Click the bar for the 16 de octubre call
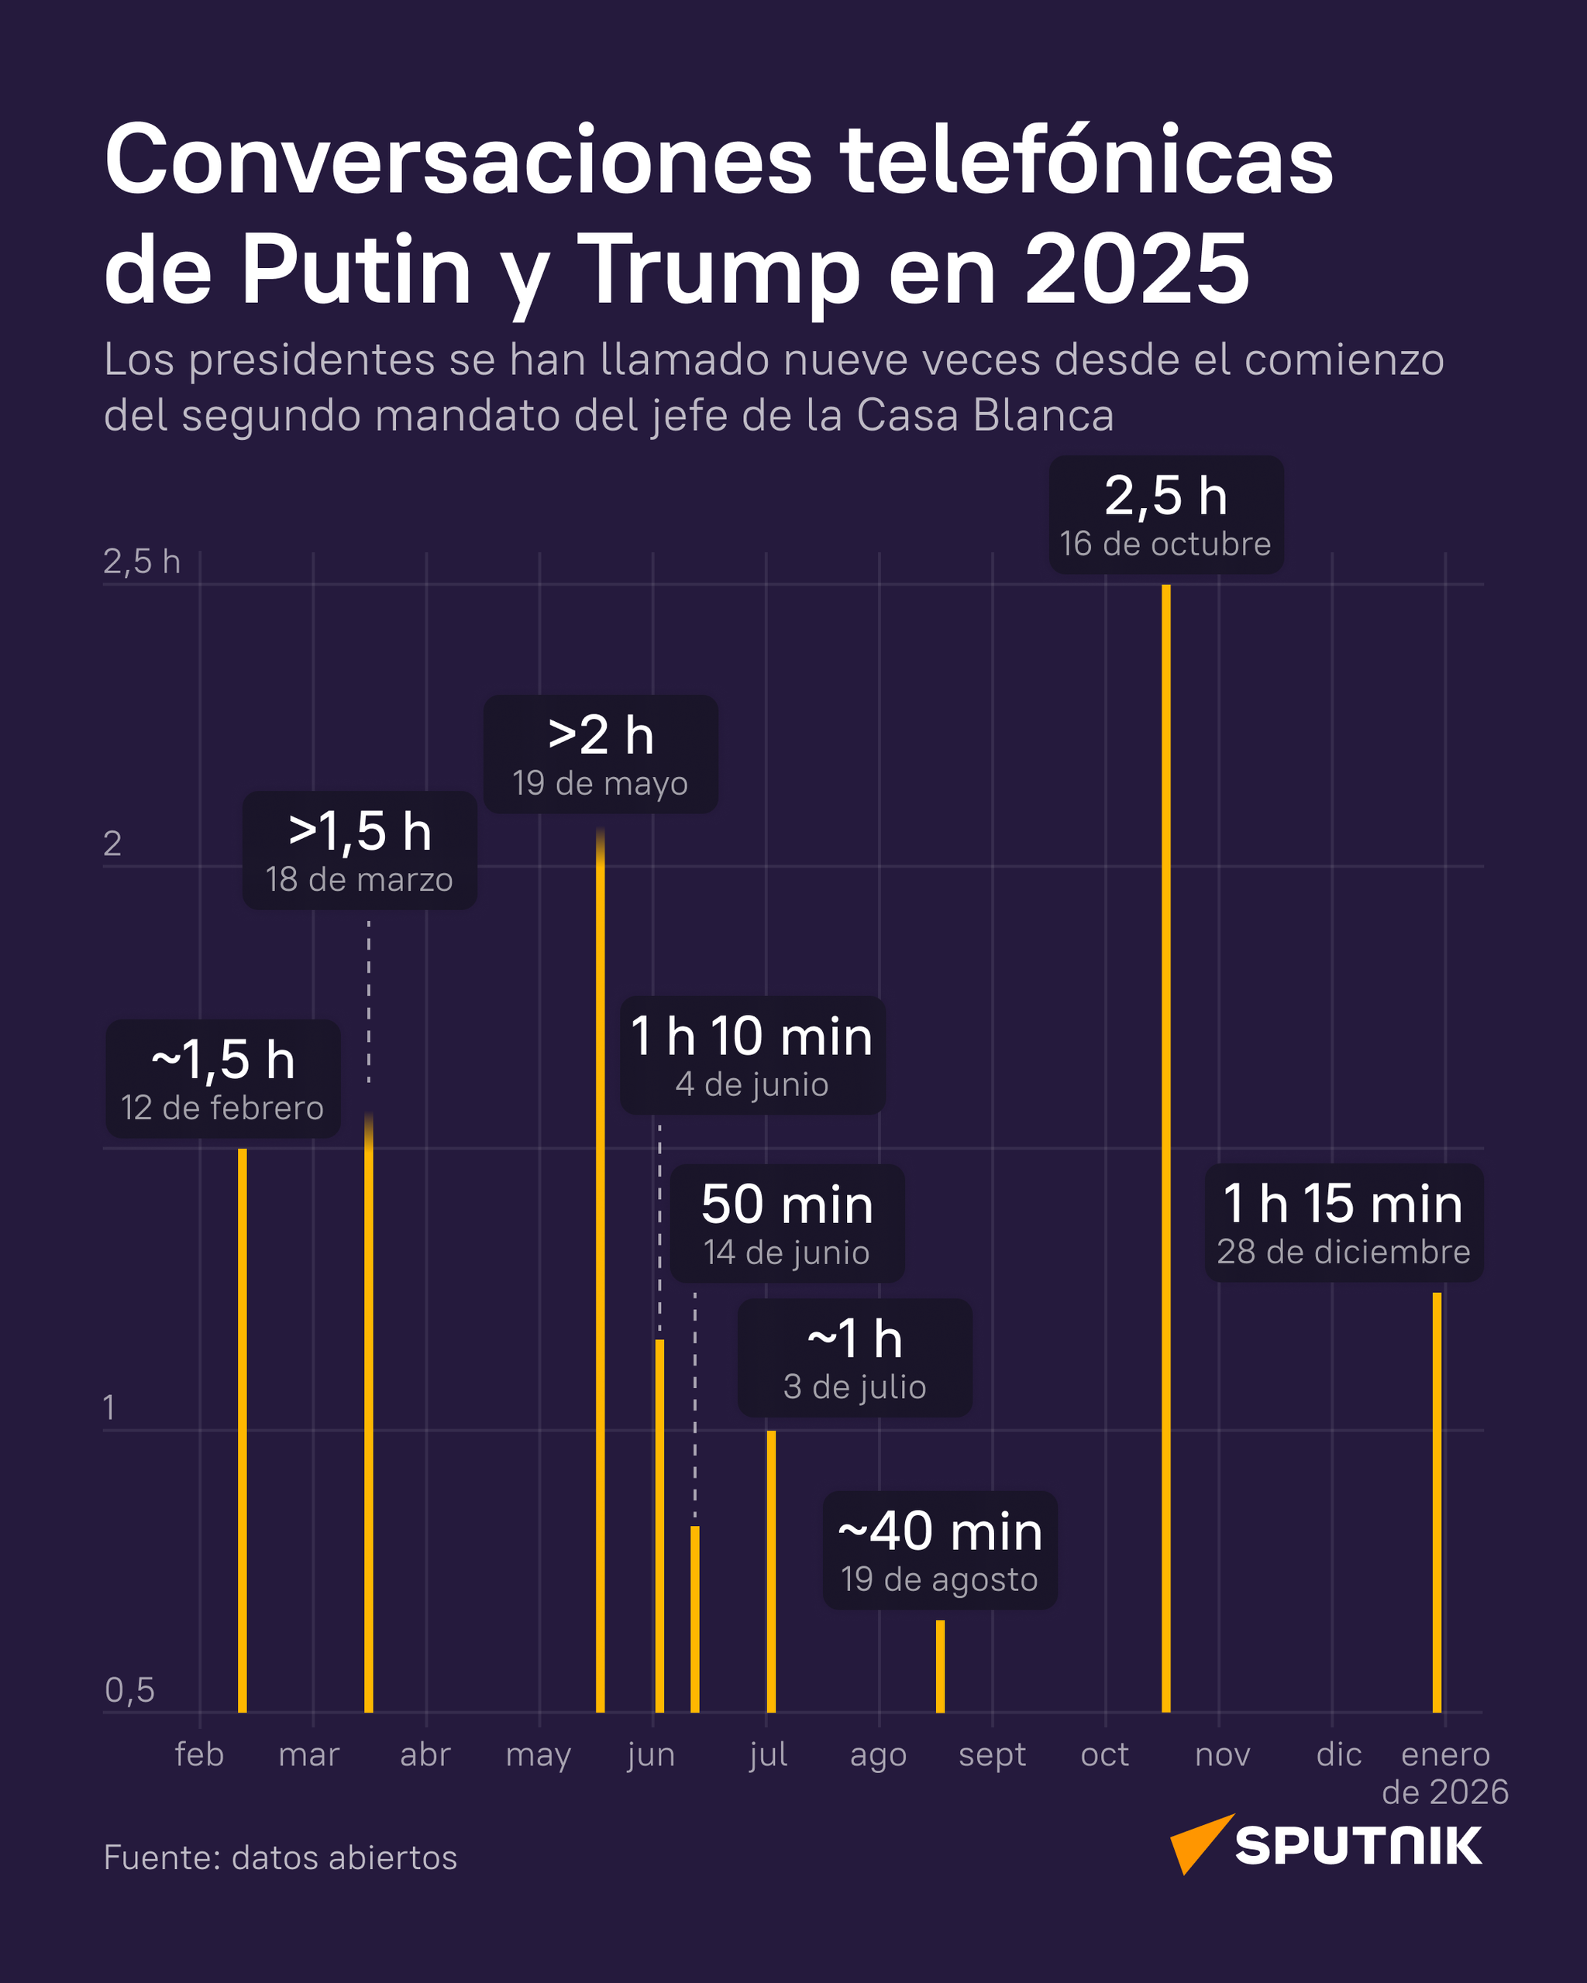click(x=1165, y=1150)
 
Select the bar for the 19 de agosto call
click(x=940, y=1667)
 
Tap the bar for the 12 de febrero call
click(x=242, y=1430)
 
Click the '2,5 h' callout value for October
click(x=1165, y=497)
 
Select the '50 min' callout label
click(x=787, y=1205)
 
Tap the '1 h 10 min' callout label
click(x=752, y=1036)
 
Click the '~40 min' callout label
click(x=939, y=1532)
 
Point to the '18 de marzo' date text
click(x=359, y=880)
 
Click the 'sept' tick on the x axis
click(x=992, y=1755)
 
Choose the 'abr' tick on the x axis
click(x=425, y=1755)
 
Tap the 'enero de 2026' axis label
click(x=1444, y=1773)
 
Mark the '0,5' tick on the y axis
click(x=129, y=1690)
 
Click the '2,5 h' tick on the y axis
click(x=142, y=562)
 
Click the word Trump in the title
click(x=718, y=270)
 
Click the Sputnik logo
click(x=1326, y=1845)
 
